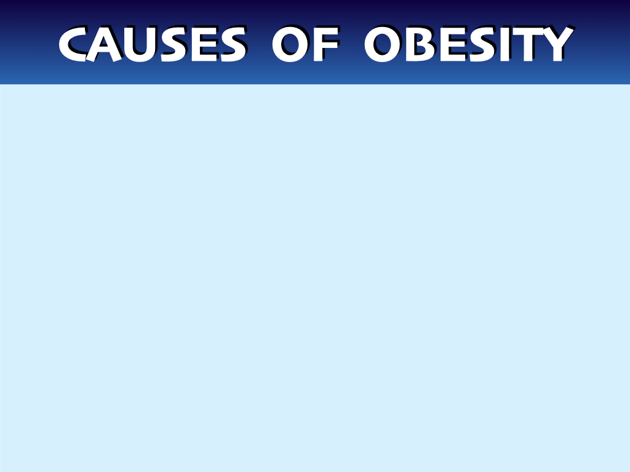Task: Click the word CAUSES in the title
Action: pos(153,44)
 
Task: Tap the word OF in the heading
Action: pos(305,44)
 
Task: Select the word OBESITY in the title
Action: pos(469,44)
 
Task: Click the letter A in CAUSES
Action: pos(103,44)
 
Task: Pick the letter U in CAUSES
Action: pos(141,44)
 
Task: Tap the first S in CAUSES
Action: pos(174,44)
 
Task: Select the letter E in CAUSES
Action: pos(204,44)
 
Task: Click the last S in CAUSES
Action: pos(233,44)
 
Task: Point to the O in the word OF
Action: pos(290,44)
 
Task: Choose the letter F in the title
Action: pos(326,44)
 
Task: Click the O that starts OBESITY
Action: pos(383,44)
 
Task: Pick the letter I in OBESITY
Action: pos(504,44)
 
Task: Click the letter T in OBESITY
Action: pos(528,44)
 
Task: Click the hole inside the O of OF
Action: pos(290,44)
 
